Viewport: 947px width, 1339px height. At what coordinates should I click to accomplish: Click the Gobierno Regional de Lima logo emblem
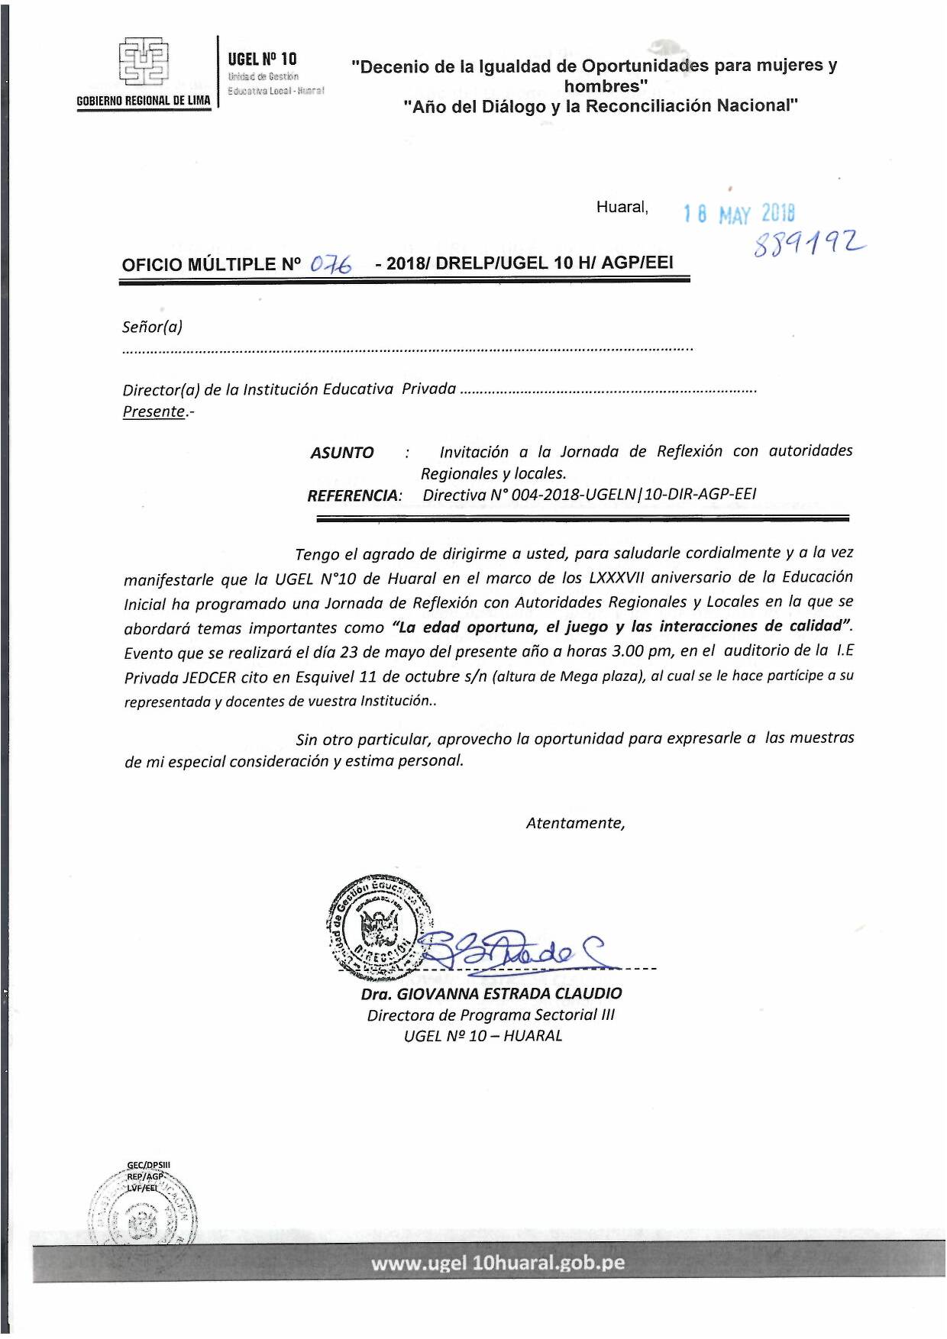pyautogui.click(x=144, y=63)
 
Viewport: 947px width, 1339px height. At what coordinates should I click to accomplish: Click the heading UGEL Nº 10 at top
pyautogui.click(x=262, y=59)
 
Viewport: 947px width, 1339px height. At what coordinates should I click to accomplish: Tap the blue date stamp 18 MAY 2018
pyautogui.click(x=739, y=213)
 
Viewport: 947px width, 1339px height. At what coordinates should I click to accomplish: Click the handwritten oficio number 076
pyautogui.click(x=331, y=264)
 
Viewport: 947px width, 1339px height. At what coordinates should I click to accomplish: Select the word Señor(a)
pyautogui.click(x=152, y=327)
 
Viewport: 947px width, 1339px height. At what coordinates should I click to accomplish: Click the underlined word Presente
pyautogui.click(x=154, y=411)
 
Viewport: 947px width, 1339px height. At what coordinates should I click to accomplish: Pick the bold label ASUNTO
pyautogui.click(x=342, y=453)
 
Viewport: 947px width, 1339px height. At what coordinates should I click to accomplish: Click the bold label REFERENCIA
pyautogui.click(x=353, y=495)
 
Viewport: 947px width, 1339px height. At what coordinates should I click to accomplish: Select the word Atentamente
pyautogui.click(x=575, y=823)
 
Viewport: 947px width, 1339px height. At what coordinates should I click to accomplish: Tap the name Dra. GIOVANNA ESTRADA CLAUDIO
pyautogui.click(x=491, y=993)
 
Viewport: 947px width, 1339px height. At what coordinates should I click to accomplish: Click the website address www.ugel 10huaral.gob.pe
pyautogui.click(x=498, y=1263)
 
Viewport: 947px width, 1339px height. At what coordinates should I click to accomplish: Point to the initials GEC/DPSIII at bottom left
pyautogui.click(x=149, y=1165)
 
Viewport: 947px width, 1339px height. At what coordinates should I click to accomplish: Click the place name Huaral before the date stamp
pyautogui.click(x=622, y=207)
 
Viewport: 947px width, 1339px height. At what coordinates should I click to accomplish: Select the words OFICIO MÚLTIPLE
pyautogui.click(x=199, y=265)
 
